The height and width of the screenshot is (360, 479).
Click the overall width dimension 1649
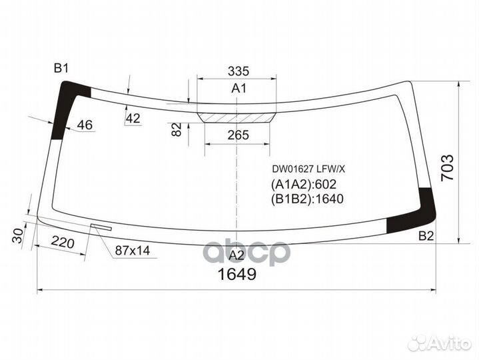[x=238, y=275]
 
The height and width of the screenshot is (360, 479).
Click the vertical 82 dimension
[x=177, y=129]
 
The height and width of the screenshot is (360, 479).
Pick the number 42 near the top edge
[x=133, y=118]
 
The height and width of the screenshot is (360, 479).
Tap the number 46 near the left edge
[x=85, y=125]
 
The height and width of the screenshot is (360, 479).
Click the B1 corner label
[x=62, y=67]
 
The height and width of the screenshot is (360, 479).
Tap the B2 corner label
[x=426, y=235]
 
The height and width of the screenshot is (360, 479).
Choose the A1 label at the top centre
[x=239, y=89]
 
